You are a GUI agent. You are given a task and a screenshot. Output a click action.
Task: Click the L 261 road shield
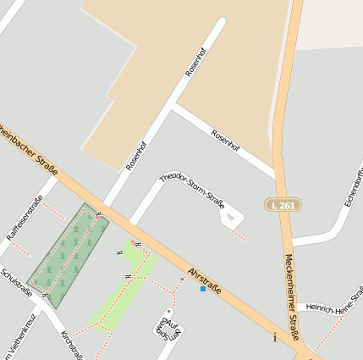[283, 205]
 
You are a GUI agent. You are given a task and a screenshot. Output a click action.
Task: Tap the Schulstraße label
[16, 283]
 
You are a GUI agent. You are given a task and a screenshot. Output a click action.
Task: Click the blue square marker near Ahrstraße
[202, 290]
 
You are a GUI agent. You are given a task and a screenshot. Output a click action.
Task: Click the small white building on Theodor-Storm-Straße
[230, 218]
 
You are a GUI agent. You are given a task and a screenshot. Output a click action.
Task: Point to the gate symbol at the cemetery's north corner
[99, 214]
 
